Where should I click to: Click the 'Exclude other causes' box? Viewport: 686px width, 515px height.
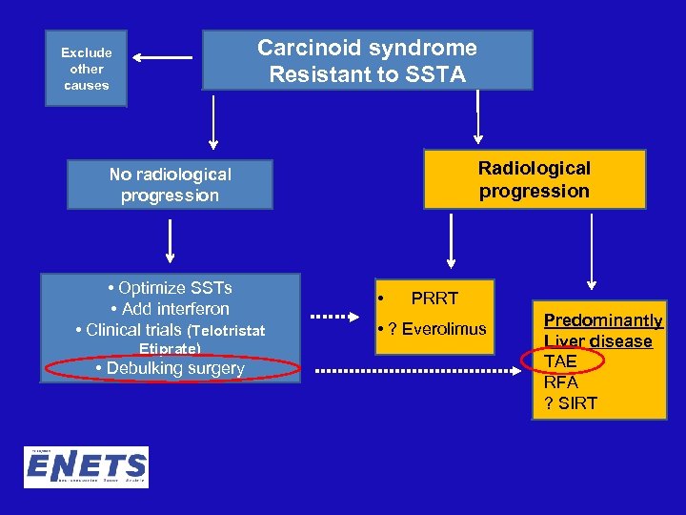[x=87, y=70]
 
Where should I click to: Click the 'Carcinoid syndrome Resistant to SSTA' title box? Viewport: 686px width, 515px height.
[x=367, y=62]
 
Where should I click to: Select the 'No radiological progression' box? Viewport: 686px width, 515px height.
[x=170, y=185]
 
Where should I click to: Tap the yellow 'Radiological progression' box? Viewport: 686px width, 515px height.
[x=534, y=179]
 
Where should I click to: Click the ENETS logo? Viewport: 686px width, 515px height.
[x=86, y=468]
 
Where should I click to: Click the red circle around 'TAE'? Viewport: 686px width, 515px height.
[x=562, y=360]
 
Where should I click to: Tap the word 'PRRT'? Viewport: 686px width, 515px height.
[x=434, y=299]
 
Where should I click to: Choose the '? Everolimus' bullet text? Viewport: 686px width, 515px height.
[x=432, y=329]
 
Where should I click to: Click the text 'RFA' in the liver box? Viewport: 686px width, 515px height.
[x=560, y=381]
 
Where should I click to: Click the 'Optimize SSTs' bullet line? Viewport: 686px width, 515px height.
[x=171, y=288]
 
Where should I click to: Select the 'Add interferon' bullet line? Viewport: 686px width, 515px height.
[x=170, y=309]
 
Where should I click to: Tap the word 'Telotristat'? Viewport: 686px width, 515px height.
[x=231, y=331]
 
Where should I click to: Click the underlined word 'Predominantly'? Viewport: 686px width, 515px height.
[x=602, y=320]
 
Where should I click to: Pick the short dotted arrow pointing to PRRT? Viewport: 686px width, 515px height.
[x=333, y=315]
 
